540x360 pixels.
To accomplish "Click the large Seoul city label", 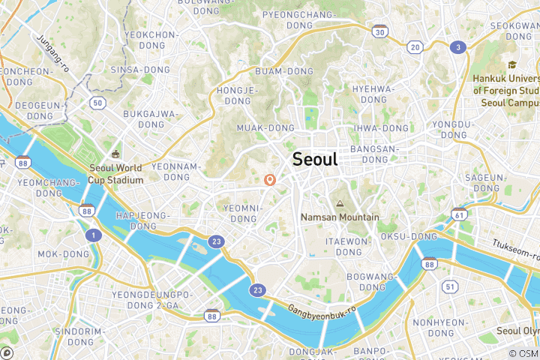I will click(x=315, y=159).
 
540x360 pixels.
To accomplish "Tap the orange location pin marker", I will click(x=270, y=180).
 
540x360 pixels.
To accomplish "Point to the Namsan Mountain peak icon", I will click(x=340, y=204).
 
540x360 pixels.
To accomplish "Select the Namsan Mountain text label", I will click(x=340, y=217).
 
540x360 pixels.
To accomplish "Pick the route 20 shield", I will click(x=415, y=47).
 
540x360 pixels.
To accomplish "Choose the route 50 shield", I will click(x=97, y=103).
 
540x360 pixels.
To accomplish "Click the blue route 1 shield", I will click(x=93, y=235).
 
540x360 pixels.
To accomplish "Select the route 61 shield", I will click(x=458, y=214).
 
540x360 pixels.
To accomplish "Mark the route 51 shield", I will click(x=450, y=286).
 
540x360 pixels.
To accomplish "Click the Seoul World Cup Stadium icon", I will click(x=115, y=154).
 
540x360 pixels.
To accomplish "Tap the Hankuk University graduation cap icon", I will click(x=512, y=65).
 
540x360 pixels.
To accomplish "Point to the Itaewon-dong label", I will click(x=348, y=247).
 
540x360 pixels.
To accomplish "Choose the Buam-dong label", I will click(x=284, y=71).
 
